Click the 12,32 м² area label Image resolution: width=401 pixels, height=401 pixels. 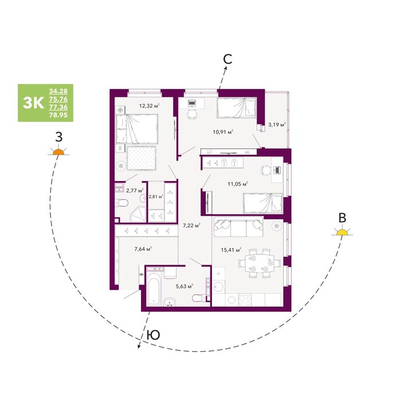pyautogui.click(x=150, y=105)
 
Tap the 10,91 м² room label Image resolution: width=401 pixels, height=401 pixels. pyautogui.click(x=223, y=132)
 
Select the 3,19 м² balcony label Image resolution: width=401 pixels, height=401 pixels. pyautogui.click(x=277, y=125)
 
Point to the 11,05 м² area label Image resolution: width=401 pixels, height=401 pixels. pyautogui.click(x=238, y=184)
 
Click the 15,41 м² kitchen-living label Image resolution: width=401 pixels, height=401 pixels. pyautogui.click(x=231, y=250)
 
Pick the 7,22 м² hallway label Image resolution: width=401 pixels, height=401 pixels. pyautogui.click(x=191, y=226)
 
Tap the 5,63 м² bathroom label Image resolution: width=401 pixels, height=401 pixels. pyautogui.click(x=184, y=286)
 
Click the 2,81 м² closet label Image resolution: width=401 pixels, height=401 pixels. pyautogui.click(x=156, y=196)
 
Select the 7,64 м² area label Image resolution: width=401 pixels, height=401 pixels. pyautogui.click(x=143, y=249)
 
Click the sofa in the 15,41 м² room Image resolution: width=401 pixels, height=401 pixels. pyautogui.click(x=239, y=227)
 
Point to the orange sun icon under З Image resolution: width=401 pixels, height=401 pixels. pyautogui.click(x=58, y=151)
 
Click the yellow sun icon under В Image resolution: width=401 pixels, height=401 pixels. pyautogui.click(x=342, y=231)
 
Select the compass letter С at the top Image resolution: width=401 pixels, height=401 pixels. pyautogui.click(x=227, y=59)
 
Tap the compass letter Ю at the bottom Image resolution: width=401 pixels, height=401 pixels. pyautogui.click(x=154, y=335)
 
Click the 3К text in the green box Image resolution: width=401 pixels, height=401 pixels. pyautogui.click(x=33, y=103)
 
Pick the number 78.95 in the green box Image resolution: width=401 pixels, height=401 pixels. pyautogui.click(x=58, y=115)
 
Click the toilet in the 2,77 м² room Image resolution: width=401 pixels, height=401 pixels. pyautogui.click(x=122, y=203)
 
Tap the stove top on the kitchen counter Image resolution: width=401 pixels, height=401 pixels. pyautogui.click(x=245, y=300)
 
